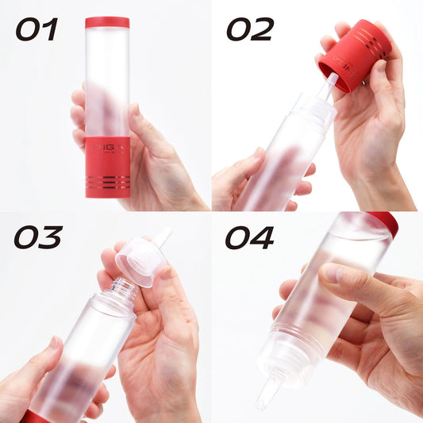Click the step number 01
point(37,30)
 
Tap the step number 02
point(250,30)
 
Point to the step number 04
point(250,237)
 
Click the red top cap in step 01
point(107,22)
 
